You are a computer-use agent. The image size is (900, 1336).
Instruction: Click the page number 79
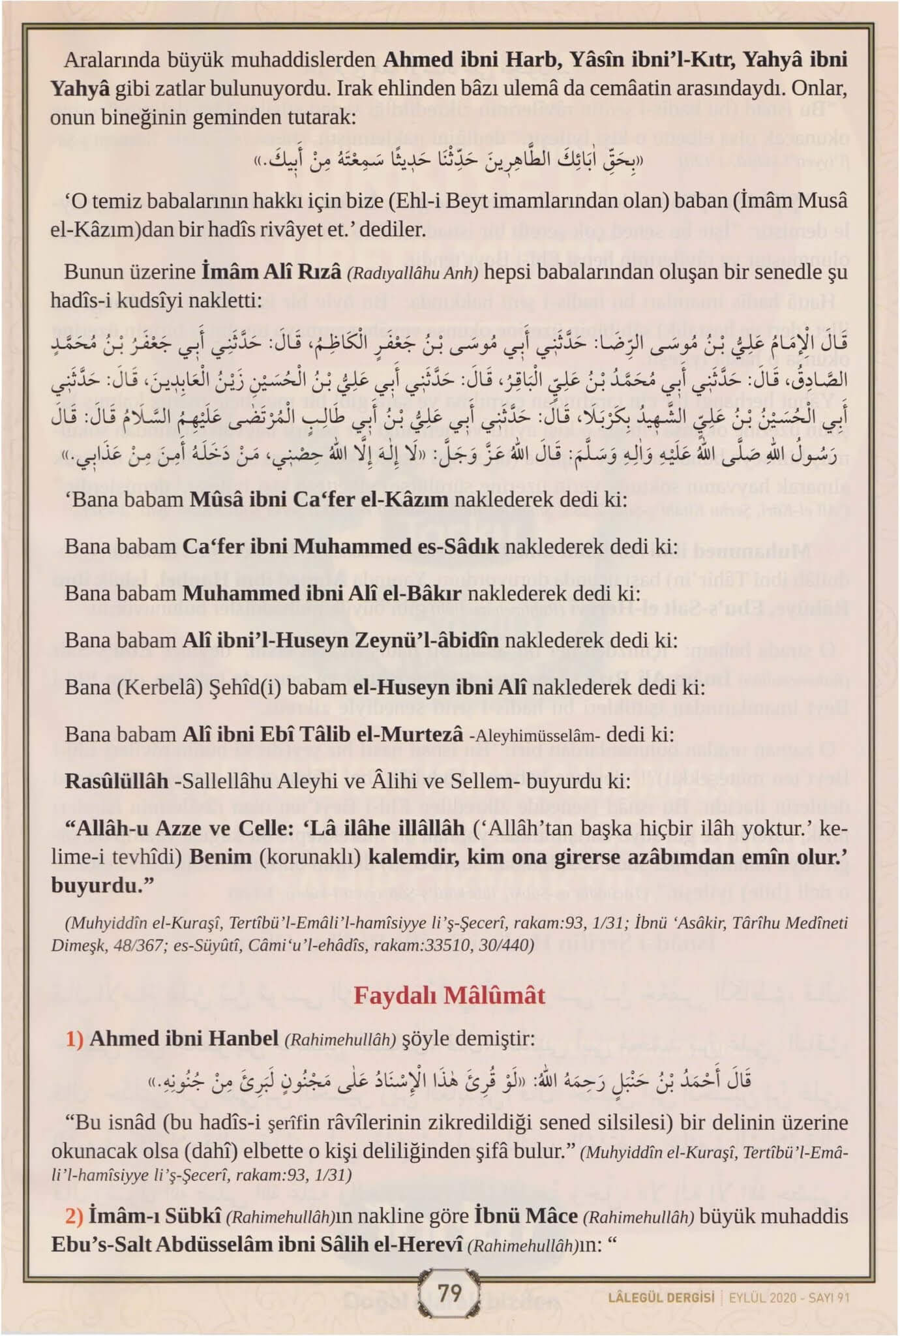coord(449,1292)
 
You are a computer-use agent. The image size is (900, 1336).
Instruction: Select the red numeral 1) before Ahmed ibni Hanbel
coord(74,1039)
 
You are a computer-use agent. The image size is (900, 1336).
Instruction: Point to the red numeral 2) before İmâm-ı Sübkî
coord(74,1216)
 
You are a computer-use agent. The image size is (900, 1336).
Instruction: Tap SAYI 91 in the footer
coord(829,1298)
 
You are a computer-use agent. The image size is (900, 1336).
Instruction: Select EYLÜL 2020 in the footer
coord(764,1298)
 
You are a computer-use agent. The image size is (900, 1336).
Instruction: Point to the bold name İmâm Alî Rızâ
coord(271,271)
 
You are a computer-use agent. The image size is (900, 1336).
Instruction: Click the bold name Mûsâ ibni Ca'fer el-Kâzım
coord(318,499)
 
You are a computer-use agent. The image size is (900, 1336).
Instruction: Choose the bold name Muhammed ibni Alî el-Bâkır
coord(322,593)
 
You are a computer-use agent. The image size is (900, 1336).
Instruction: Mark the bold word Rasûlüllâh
coord(116,781)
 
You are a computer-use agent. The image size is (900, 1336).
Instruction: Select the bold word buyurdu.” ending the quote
coord(102,885)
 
